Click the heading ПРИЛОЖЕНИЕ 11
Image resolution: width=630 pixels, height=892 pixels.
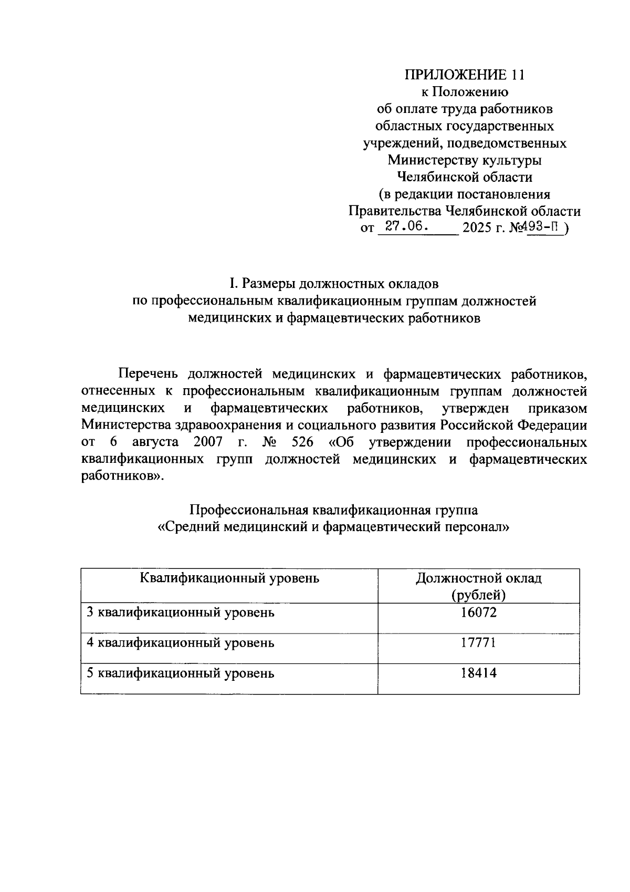(x=464, y=75)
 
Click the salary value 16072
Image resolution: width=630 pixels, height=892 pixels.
(x=478, y=612)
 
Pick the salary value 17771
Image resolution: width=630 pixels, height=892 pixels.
(x=478, y=642)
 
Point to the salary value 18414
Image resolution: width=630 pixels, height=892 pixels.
(x=478, y=673)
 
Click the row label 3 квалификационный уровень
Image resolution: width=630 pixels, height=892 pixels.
(x=180, y=613)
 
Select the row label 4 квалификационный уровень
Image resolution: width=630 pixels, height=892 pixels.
(x=180, y=643)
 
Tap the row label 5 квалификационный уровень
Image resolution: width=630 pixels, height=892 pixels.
(x=180, y=673)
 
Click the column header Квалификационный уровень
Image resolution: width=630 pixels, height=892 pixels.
(x=229, y=578)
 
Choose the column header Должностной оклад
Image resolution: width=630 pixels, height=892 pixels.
(x=478, y=578)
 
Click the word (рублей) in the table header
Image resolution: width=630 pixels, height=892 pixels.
(x=478, y=595)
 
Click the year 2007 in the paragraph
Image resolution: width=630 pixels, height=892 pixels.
(x=208, y=442)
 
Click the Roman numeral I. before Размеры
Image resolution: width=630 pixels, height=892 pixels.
(x=234, y=284)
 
